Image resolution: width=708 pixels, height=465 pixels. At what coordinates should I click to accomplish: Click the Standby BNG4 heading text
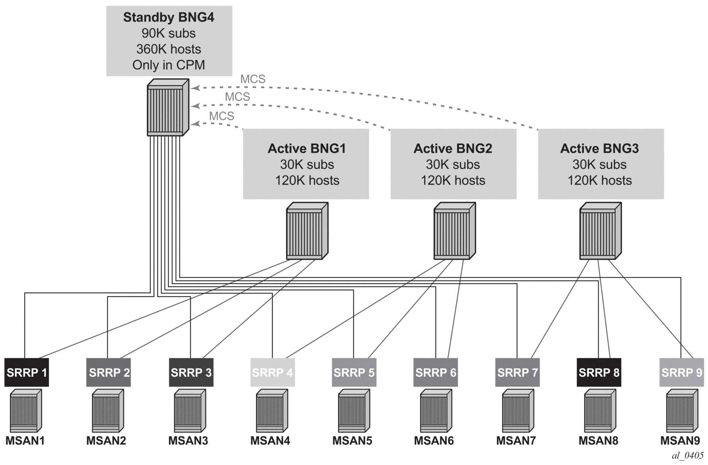[x=169, y=18]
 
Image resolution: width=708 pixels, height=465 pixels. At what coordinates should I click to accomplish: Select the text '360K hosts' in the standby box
[x=169, y=49]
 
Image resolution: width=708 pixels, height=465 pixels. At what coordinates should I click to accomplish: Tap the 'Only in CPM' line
[x=169, y=65]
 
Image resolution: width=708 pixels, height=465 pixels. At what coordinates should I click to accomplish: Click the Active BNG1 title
[x=307, y=149]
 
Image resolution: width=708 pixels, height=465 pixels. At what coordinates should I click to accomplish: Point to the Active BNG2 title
[x=453, y=149]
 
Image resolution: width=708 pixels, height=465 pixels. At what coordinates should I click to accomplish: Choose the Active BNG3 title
[x=599, y=149]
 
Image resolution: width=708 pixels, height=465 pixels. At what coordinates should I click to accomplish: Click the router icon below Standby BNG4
[x=167, y=108]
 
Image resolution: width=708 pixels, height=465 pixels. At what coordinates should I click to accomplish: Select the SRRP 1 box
[x=27, y=373]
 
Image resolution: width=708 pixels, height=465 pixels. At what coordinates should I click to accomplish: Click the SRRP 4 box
[x=273, y=373]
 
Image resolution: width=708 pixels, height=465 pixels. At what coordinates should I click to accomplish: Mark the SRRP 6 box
[x=436, y=373]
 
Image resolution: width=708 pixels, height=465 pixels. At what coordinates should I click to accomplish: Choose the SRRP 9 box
[x=682, y=373]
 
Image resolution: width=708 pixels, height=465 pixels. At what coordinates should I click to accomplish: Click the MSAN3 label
[x=188, y=441]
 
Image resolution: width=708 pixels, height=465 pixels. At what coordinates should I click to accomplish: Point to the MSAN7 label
[x=516, y=441]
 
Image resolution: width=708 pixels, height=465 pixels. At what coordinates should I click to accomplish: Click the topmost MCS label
[x=253, y=80]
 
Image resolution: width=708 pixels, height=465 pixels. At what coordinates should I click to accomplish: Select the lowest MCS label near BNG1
[x=222, y=116]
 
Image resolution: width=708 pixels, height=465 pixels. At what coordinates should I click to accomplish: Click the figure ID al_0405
[x=687, y=456]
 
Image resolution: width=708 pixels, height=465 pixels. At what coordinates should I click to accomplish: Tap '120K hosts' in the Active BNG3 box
[x=599, y=181]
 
